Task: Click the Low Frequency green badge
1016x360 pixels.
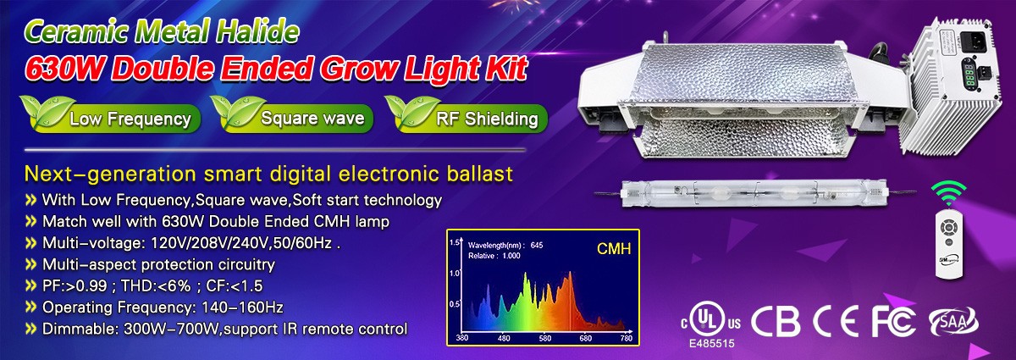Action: pos(111,115)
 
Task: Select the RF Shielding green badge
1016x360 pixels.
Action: pos(467,115)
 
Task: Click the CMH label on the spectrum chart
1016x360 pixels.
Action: pos(614,249)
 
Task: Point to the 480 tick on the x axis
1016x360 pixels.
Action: pos(504,338)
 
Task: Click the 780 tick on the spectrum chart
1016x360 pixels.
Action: pos(626,338)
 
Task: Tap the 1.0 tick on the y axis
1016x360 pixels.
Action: pos(455,273)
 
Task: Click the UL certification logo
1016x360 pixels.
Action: pos(710,320)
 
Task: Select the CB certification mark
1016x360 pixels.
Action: pos(776,321)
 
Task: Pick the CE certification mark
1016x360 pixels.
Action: pos(836,321)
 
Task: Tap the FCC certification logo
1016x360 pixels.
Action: pos(893,321)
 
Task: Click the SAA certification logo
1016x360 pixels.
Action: pos(953,321)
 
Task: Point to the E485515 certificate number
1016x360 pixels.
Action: pos(712,344)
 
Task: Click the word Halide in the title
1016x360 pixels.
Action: pos(257,32)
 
